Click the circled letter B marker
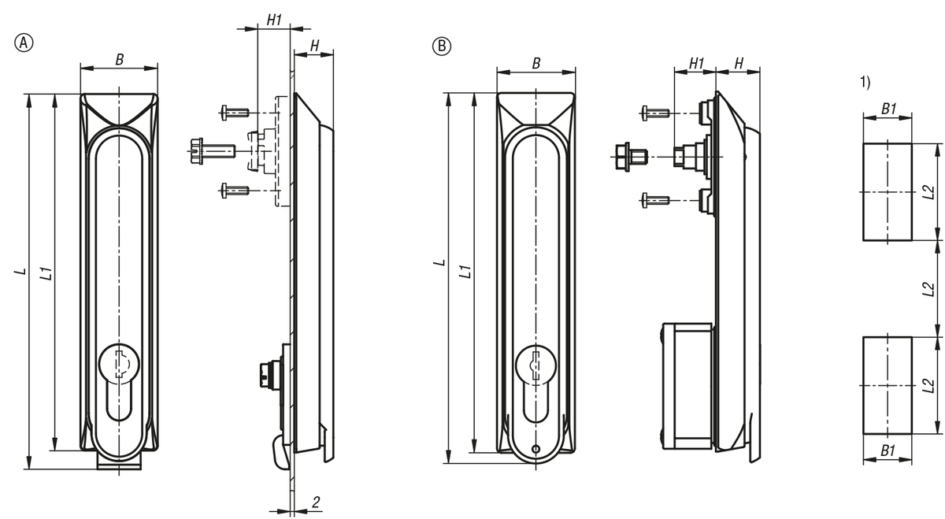pos(441,46)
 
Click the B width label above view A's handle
pos(119,61)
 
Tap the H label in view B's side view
pos(739,62)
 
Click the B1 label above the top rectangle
pos(888,110)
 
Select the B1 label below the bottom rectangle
pos(888,450)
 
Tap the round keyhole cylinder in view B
pos(535,366)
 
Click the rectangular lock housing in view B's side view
pos(687,384)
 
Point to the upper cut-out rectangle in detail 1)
pos(888,192)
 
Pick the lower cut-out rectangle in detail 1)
pos(888,385)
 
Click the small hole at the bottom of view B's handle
pos(535,450)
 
